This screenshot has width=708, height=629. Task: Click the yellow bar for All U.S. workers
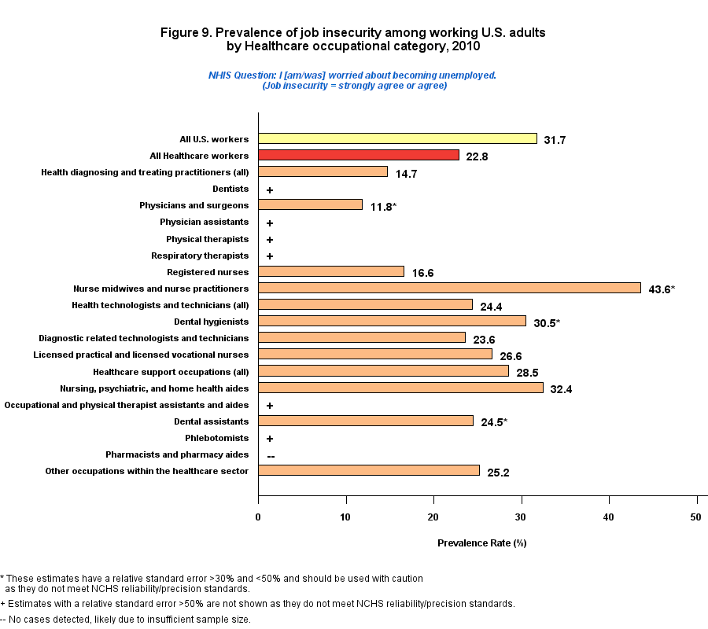[x=397, y=138]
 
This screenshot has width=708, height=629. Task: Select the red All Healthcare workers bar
[x=359, y=155]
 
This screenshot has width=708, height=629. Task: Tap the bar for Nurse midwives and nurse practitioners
[x=449, y=288]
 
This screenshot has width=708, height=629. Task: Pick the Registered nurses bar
[x=331, y=271]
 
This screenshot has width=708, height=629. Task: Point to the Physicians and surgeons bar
[x=310, y=204]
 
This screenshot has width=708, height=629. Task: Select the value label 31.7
[x=555, y=140]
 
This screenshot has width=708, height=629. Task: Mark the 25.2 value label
[x=498, y=472]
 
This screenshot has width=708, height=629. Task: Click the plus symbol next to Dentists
[x=270, y=189]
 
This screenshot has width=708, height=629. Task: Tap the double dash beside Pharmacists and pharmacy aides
[x=271, y=456]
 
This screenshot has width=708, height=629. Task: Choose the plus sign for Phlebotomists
[x=270, y=439]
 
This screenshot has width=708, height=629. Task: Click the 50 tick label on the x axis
[x=695, y=516]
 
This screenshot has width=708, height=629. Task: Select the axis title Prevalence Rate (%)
[x=481, y=543]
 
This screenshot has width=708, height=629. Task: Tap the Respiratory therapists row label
[x=200, y=256]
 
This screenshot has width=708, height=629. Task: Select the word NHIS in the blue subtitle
[x=220, y=75]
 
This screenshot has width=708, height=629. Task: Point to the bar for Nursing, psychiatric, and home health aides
[x=400, y=388]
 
